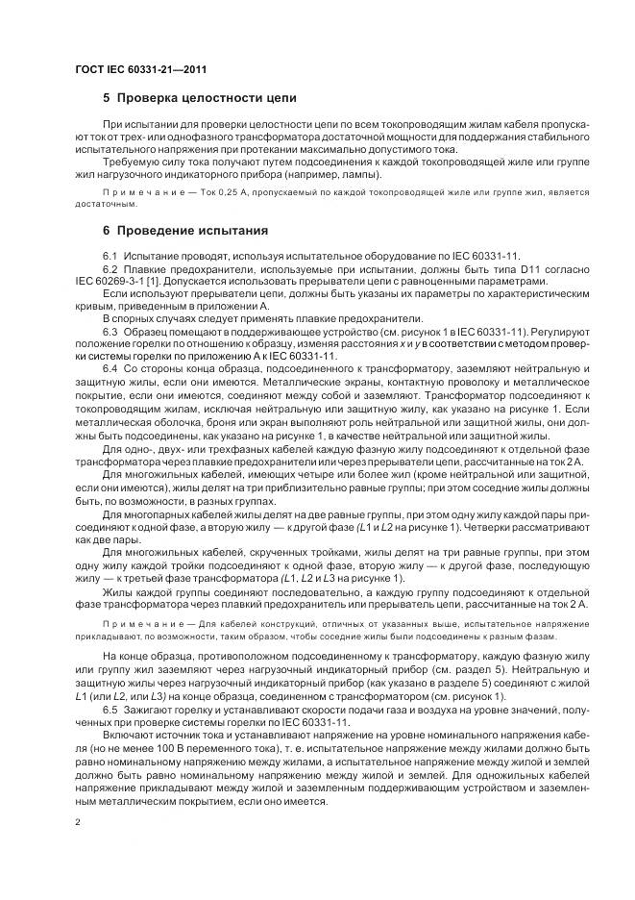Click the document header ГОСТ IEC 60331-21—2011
(x=140, y=70)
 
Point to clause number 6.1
(x=110, y=255)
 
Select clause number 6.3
(x=110, y=330)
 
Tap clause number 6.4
(x=110, y=369)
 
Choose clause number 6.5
(x=110, y=709)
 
